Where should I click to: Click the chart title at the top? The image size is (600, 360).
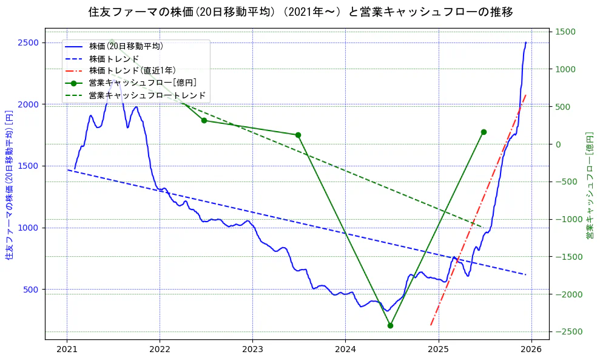click(300, 12)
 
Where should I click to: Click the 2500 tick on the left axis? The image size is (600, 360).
click(29, 42)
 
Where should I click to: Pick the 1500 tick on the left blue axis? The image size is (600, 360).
click(29, 166)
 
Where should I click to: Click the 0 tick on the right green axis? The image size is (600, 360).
click(557, 144)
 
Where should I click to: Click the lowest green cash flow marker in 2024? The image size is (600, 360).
click(390, 325)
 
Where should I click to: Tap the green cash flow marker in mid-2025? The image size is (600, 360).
click(484, 132)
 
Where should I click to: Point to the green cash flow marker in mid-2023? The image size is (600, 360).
click(298, 135)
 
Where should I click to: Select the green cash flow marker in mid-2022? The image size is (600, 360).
click(204, 120)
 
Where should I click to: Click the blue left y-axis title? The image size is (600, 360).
click(8, 185)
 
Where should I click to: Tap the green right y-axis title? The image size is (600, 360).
click(589, 185)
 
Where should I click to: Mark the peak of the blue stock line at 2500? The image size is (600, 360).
click(525, 42)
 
